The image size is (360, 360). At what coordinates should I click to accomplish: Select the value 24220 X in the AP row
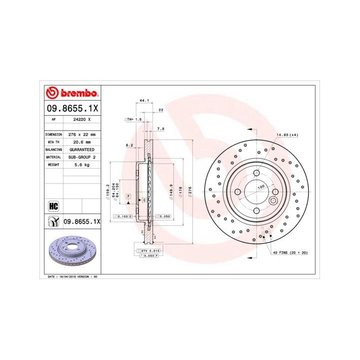click(81, 120)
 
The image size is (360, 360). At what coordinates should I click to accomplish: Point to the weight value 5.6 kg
click(81, 164)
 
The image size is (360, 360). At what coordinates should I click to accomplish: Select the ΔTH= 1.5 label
click(133, 120)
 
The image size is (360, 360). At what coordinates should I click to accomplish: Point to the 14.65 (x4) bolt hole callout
click(287, 135)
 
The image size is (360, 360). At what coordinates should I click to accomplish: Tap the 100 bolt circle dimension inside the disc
click(261, 186)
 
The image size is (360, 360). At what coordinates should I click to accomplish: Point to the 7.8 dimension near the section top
click(160, 129)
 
